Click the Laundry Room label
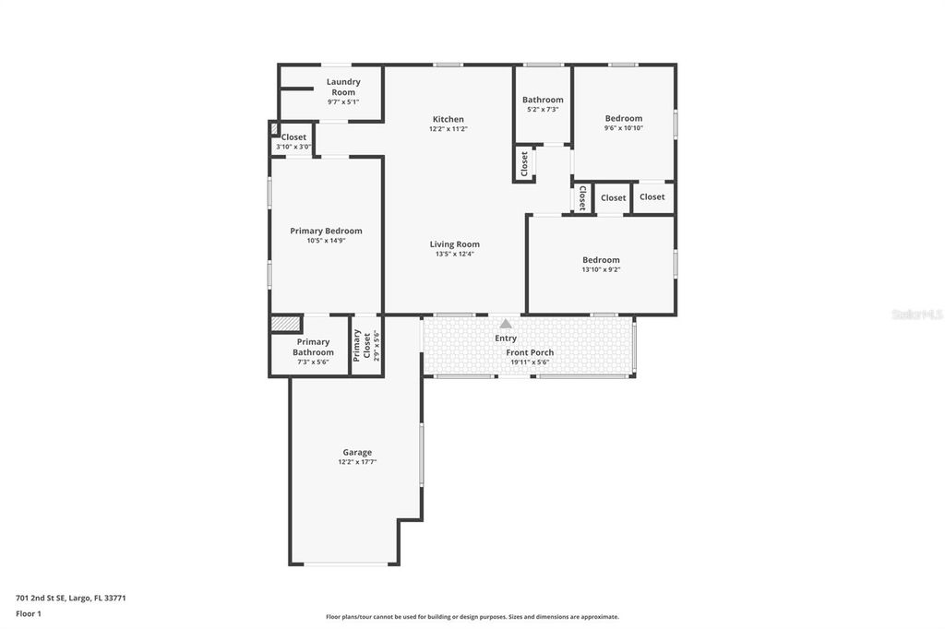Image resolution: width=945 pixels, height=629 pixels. coord(343,87)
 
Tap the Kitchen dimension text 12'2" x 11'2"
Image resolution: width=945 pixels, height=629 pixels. coord(449,129)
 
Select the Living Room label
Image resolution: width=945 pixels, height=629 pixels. coord(454,244)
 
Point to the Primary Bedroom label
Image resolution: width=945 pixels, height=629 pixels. coord(326,231)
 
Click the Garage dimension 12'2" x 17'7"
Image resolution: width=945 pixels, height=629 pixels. coord(357,462)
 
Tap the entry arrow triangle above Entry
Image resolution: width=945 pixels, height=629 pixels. coord(506,324)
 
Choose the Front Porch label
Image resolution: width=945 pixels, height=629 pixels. coord(530,352)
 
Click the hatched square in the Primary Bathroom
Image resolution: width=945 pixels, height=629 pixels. coord(286,325)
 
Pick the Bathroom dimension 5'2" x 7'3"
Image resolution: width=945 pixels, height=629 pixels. coord(543,110)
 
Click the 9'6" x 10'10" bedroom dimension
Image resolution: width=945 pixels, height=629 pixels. coord(624,128)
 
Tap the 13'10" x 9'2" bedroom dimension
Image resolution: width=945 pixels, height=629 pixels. coord(601,270)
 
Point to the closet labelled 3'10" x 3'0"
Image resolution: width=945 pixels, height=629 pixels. coord(293,147)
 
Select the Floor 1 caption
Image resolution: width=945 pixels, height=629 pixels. coord(29,612)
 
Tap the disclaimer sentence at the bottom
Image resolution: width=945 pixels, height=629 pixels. coord(472,617)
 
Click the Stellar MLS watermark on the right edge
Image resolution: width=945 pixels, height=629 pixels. coord(916,314)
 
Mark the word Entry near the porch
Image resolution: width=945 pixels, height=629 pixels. coord(506,338)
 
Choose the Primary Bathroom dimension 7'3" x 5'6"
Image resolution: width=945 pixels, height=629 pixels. coord(313,362)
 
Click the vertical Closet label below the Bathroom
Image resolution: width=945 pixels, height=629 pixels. coord(524,164)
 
